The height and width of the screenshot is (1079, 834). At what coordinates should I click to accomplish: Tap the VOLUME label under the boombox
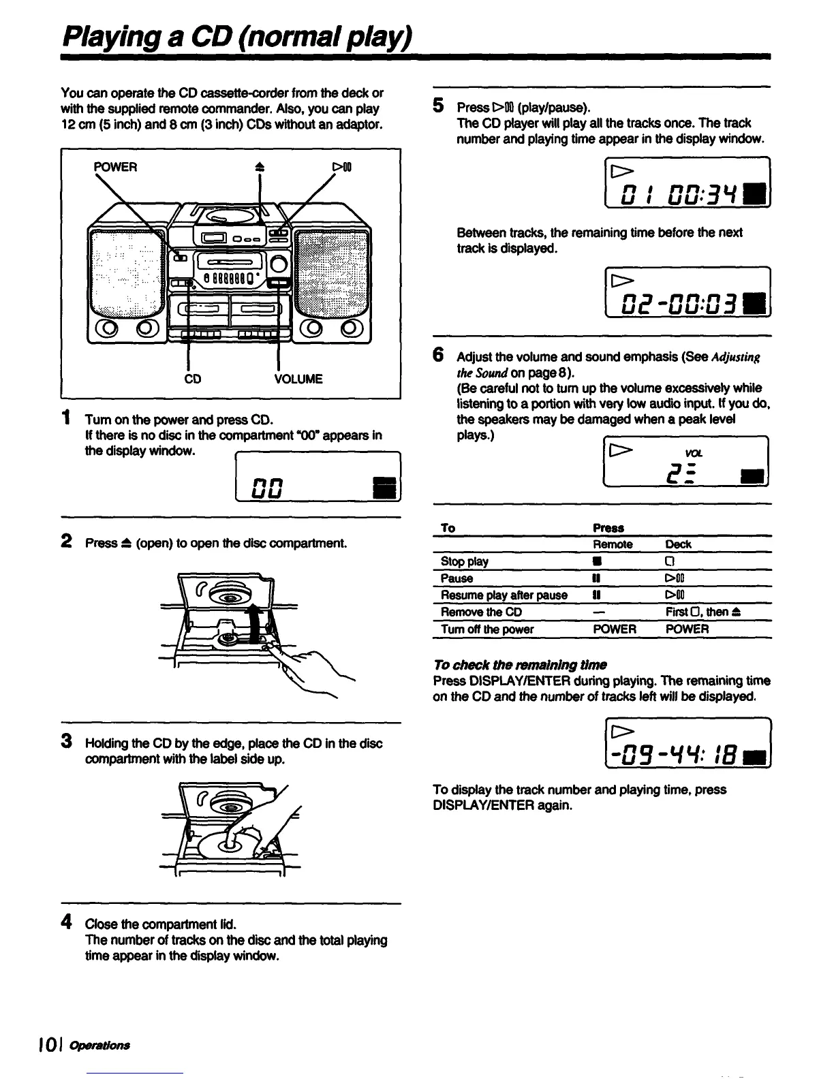[298, 379]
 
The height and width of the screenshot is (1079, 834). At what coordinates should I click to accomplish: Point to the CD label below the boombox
[193, 379]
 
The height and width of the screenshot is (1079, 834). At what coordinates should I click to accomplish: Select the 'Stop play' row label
[465, 562]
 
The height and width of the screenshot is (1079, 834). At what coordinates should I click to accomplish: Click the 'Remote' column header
[613, 545]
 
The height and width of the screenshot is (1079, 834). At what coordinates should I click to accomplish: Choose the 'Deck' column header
[678, 545]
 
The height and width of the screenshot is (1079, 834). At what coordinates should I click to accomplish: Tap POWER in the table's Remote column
[615, 629]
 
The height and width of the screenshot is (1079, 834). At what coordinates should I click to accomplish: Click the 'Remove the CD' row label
[481, 612]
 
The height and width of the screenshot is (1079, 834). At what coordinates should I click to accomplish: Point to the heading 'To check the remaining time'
[520, 665]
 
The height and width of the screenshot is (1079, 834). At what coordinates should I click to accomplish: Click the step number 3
[67, 741]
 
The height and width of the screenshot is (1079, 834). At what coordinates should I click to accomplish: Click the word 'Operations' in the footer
[109, 1046]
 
